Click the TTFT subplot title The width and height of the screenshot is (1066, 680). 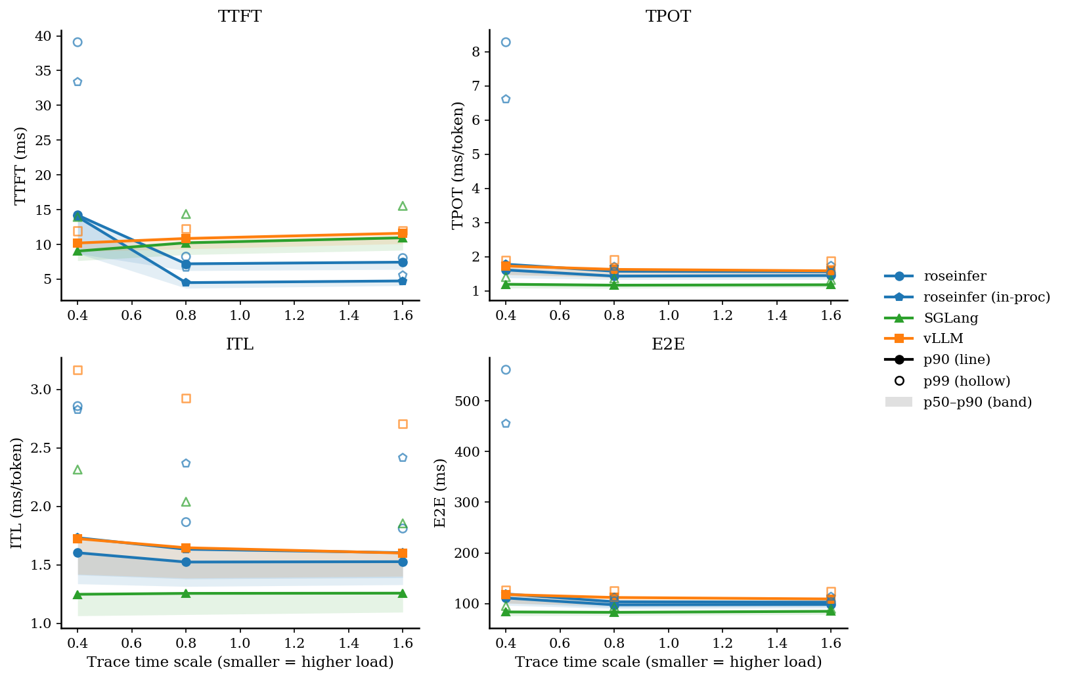click(x=240, y=16)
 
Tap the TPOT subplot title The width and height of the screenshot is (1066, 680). click(x=668, y=16)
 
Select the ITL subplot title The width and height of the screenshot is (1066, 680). click(x=240, y=344)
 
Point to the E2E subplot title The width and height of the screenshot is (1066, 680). click(x=668, y=344)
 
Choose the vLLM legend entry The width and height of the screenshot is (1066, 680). click(x=943, y=338)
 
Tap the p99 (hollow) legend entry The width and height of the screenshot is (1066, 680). click(x=966, y=381)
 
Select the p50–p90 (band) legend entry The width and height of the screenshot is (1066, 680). click(x=977, y=402)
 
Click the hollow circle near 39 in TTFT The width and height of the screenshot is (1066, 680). click(x=78, y=42)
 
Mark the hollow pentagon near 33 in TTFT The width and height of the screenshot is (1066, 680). click(x=78, y=82)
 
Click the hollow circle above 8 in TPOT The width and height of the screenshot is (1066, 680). click(x=506, y=42)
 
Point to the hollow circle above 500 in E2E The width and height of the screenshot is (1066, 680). click(x=506, y=370)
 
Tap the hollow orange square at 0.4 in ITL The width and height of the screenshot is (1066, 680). click(x=78, y=371)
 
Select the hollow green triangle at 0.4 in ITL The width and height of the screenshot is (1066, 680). click(x=78, y=470)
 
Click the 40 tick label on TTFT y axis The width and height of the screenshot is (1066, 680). click(x=43, y=36)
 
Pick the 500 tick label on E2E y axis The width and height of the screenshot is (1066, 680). click(x=468, y=401)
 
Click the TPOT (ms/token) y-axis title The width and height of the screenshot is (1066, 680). click(x=458, y=165)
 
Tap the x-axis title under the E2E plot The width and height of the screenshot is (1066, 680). click(x=668, y=662)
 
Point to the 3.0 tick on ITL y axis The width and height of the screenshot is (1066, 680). click(x=40, y=390)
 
